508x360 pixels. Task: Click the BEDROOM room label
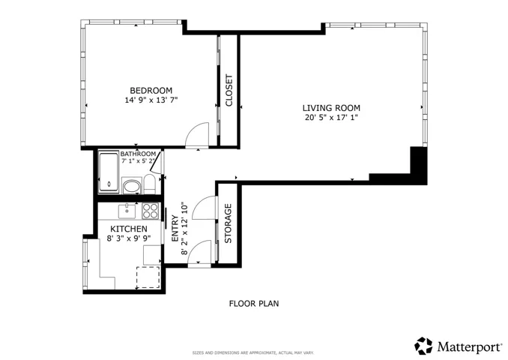[x=151, y=91]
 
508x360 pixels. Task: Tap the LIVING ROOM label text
[x=331, y=108]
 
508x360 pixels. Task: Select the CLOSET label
[x=229, y=91]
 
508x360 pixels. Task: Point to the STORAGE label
[x=229, y=223]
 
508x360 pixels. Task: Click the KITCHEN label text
[x=129, y=229]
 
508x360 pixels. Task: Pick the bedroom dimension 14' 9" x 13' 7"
[x=151, y=100]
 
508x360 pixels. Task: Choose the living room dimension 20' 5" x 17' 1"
[x=331, y=118]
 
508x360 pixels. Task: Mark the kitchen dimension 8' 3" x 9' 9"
[x=129, y=238]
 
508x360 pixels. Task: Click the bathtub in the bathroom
[x=109, y=172]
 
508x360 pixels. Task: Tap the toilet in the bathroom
[x=149, y=184]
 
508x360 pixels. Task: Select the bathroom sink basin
[x=132, y=187]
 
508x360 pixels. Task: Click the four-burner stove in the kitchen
[x=151, y=211]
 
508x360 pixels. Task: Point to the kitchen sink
[x=127, y=211]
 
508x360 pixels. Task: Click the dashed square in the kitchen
[x=148, y=277]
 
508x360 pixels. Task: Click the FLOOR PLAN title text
[x=254, y=304]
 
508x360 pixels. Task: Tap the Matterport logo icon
[x=423, y=346]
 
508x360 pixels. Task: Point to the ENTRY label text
[x=175, y=228]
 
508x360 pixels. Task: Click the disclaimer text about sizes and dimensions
[x=253, y=352]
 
